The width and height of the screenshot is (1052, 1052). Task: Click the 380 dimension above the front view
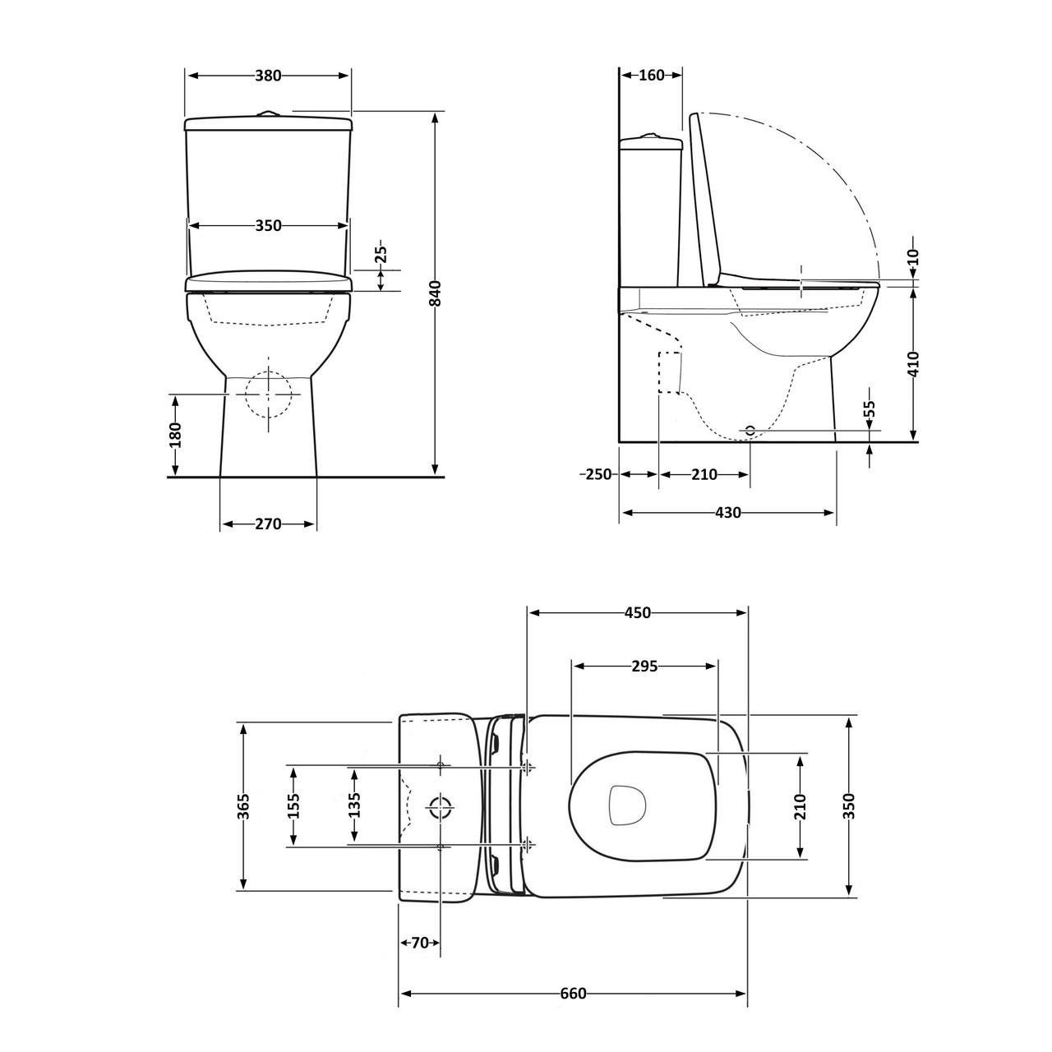(x=268, y=76)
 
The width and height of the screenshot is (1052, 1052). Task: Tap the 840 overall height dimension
(x=436, y=293)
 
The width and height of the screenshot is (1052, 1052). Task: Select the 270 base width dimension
(x=268, y=524)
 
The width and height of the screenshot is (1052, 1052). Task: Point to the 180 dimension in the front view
(x=175, y=435)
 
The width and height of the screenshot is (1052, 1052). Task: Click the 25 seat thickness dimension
(x=381, y=256)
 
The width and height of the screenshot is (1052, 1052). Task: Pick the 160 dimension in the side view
(x=651, y=76)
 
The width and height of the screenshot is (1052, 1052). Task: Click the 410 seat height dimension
(x=914, y=363)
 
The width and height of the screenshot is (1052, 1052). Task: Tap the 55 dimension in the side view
(x=870, y=411)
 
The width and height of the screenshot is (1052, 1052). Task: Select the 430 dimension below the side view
(x=727, y=512)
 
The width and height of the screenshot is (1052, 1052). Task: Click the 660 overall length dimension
(x=573, y=994)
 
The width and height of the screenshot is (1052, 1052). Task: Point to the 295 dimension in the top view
(x=644, y=666)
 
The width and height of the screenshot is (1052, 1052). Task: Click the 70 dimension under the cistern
(x=420, y=943)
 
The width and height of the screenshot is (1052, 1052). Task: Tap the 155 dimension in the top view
(x=293, y=805)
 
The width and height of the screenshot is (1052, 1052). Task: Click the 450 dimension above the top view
(x=637, y=612)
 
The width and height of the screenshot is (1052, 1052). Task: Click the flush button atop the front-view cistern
(x=268, y=113)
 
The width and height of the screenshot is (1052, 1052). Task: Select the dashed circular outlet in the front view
(x=269, y=394)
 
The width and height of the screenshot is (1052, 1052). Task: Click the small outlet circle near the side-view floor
(x=749, y=429)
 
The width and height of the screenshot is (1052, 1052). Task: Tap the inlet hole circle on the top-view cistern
(x=441, y=807)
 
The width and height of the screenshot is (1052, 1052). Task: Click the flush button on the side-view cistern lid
(x=651, y=135)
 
